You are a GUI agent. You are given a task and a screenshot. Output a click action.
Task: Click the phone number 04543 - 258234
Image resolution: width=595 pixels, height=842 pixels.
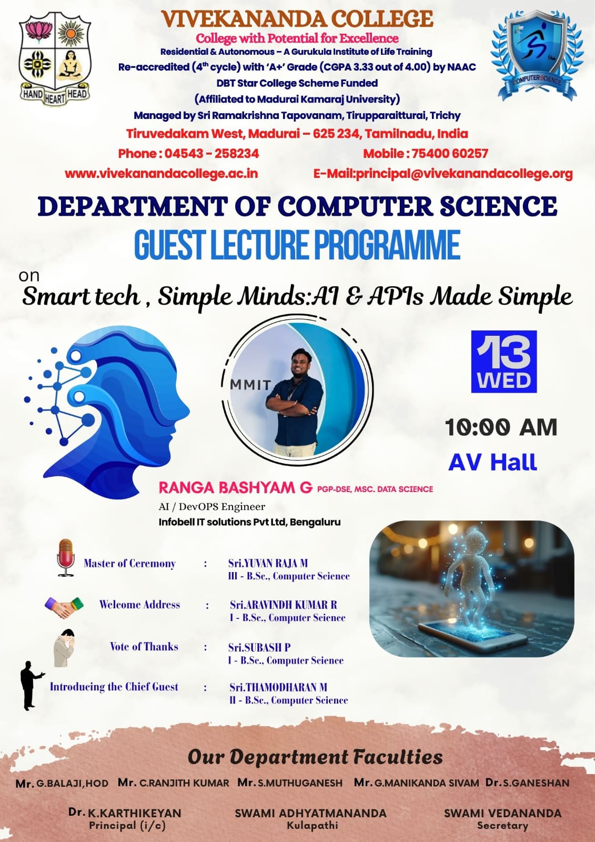[x=211, y=153]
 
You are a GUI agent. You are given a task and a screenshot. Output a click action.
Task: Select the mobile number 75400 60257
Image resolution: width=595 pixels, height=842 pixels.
[x=450, y=153]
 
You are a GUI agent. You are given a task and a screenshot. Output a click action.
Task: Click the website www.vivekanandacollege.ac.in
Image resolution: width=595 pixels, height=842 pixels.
[x=162, y=174]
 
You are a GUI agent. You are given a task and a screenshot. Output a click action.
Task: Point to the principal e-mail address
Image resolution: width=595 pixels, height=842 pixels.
[x=443, y=174]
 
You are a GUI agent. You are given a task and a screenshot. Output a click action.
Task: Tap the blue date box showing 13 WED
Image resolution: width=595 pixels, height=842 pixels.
[x=503, y=362]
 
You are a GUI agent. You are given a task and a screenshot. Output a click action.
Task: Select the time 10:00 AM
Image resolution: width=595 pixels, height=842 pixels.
[x=501, y=427]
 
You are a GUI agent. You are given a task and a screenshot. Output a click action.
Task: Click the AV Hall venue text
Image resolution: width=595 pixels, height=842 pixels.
[x=492, y=463]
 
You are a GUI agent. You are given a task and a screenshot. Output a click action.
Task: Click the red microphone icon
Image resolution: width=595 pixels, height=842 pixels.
[x=66, y=557]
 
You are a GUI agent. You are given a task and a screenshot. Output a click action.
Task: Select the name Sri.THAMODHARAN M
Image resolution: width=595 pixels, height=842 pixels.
[x=278, y=687]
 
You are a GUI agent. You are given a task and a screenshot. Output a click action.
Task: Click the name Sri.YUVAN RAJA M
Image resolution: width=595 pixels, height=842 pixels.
[x=268, y=563]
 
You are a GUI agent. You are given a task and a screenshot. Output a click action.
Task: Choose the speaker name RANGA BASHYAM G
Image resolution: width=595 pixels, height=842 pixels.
[x=235, y=487]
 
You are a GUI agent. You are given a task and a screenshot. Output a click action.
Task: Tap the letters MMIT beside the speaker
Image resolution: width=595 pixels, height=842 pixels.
[x=250, y=385]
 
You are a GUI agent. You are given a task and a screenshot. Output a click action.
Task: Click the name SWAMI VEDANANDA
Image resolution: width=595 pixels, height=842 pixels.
[x=502, y=813]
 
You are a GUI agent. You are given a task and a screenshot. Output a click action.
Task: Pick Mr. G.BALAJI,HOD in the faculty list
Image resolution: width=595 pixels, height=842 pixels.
[x=62, y=784]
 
